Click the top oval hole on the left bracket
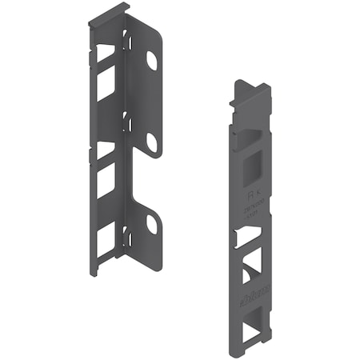click(151, 60)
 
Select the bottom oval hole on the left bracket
click(151, 225)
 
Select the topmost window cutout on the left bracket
click(106, 54)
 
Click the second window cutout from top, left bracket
click(106, 86)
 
